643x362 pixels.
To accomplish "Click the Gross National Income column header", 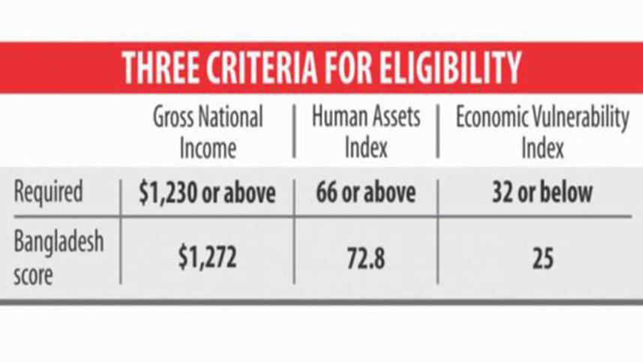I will pyautogui.click(x=209, y=133).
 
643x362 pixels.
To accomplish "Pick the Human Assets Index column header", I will pyautogui.click(x=365, y=133).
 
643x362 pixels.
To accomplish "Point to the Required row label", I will pyautogui.click(x=48, y=192).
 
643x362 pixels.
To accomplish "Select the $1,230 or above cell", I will pyautogui.click(x=208, y=193).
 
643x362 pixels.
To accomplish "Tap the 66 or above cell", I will pyautogui.click(x=365, y=193).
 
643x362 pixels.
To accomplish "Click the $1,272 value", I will pyautogui.click(x=208, y=258).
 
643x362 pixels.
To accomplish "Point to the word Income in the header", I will pyautogui.click(x=208, y=148).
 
